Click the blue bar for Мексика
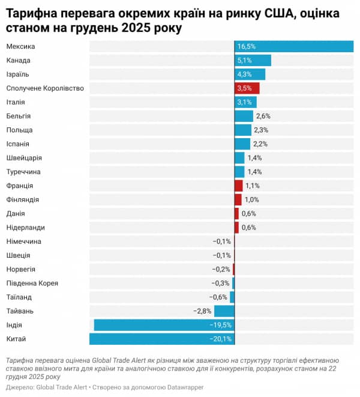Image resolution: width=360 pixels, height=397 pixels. pyautogui.click(x=294, y=46)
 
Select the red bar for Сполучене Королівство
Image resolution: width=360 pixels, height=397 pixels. pyautogui.click(x=247, y=88)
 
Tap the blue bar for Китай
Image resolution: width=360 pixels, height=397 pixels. pyautogui.click(x=162, y=339)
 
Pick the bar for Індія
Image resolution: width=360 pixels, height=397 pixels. pyautogui.click(x=164, y=325)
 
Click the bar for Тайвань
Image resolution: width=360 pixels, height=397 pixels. pyautogui.click(x=224, y=311)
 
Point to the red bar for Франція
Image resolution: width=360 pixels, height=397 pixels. pyautogui.click(x=239, y=186)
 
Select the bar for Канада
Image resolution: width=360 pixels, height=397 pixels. pyautogui.click(x=253, y=60)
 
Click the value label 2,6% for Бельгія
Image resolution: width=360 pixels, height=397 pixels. pyautogui.click(x=263, y=116)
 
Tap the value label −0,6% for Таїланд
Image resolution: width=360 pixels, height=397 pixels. pyautogui.click(x=218, y=297)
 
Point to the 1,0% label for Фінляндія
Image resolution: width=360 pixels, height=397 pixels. pyautogui.click(x=252, y=199)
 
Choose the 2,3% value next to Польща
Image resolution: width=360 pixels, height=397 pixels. pyautogui.click(x=261, y=130)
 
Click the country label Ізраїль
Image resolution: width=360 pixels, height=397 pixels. pyautogui.click(x=17, y=74)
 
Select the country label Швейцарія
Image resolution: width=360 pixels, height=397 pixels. pyautogui.click(x=24, y=158)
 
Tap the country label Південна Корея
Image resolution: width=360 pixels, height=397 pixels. pyautogui.click(x=32, y=283)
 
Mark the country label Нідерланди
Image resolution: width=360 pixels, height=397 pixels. pyautogui.click(x=25, y=228)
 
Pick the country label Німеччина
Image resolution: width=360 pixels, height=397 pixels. pyautogui.click(x=23, y=241)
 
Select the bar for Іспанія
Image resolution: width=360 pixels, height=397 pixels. pyautogui.click(x=242, y=144)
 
